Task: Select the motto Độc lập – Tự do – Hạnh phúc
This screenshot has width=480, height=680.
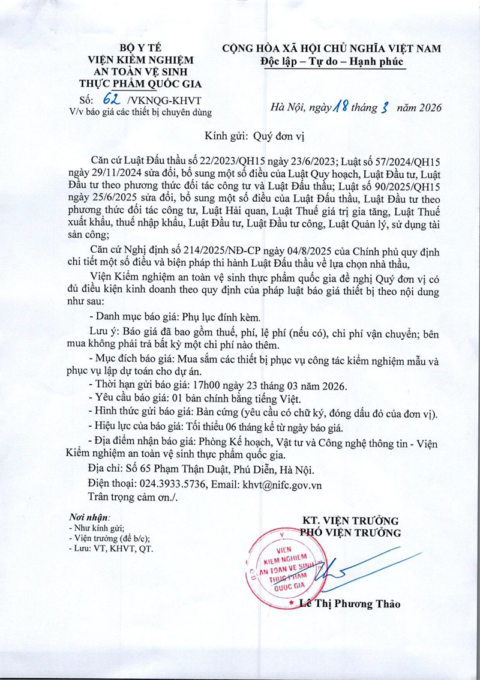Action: pos(332,61)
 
